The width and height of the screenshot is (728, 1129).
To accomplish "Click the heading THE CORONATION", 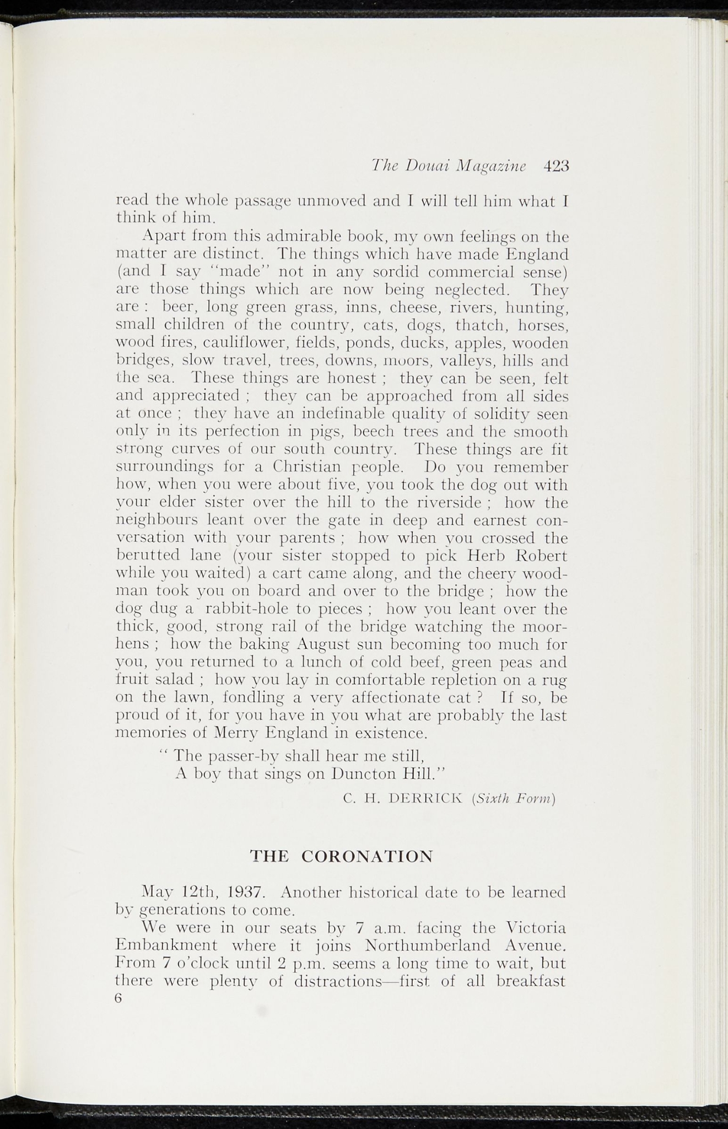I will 342,856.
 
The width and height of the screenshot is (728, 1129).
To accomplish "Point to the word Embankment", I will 165,946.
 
